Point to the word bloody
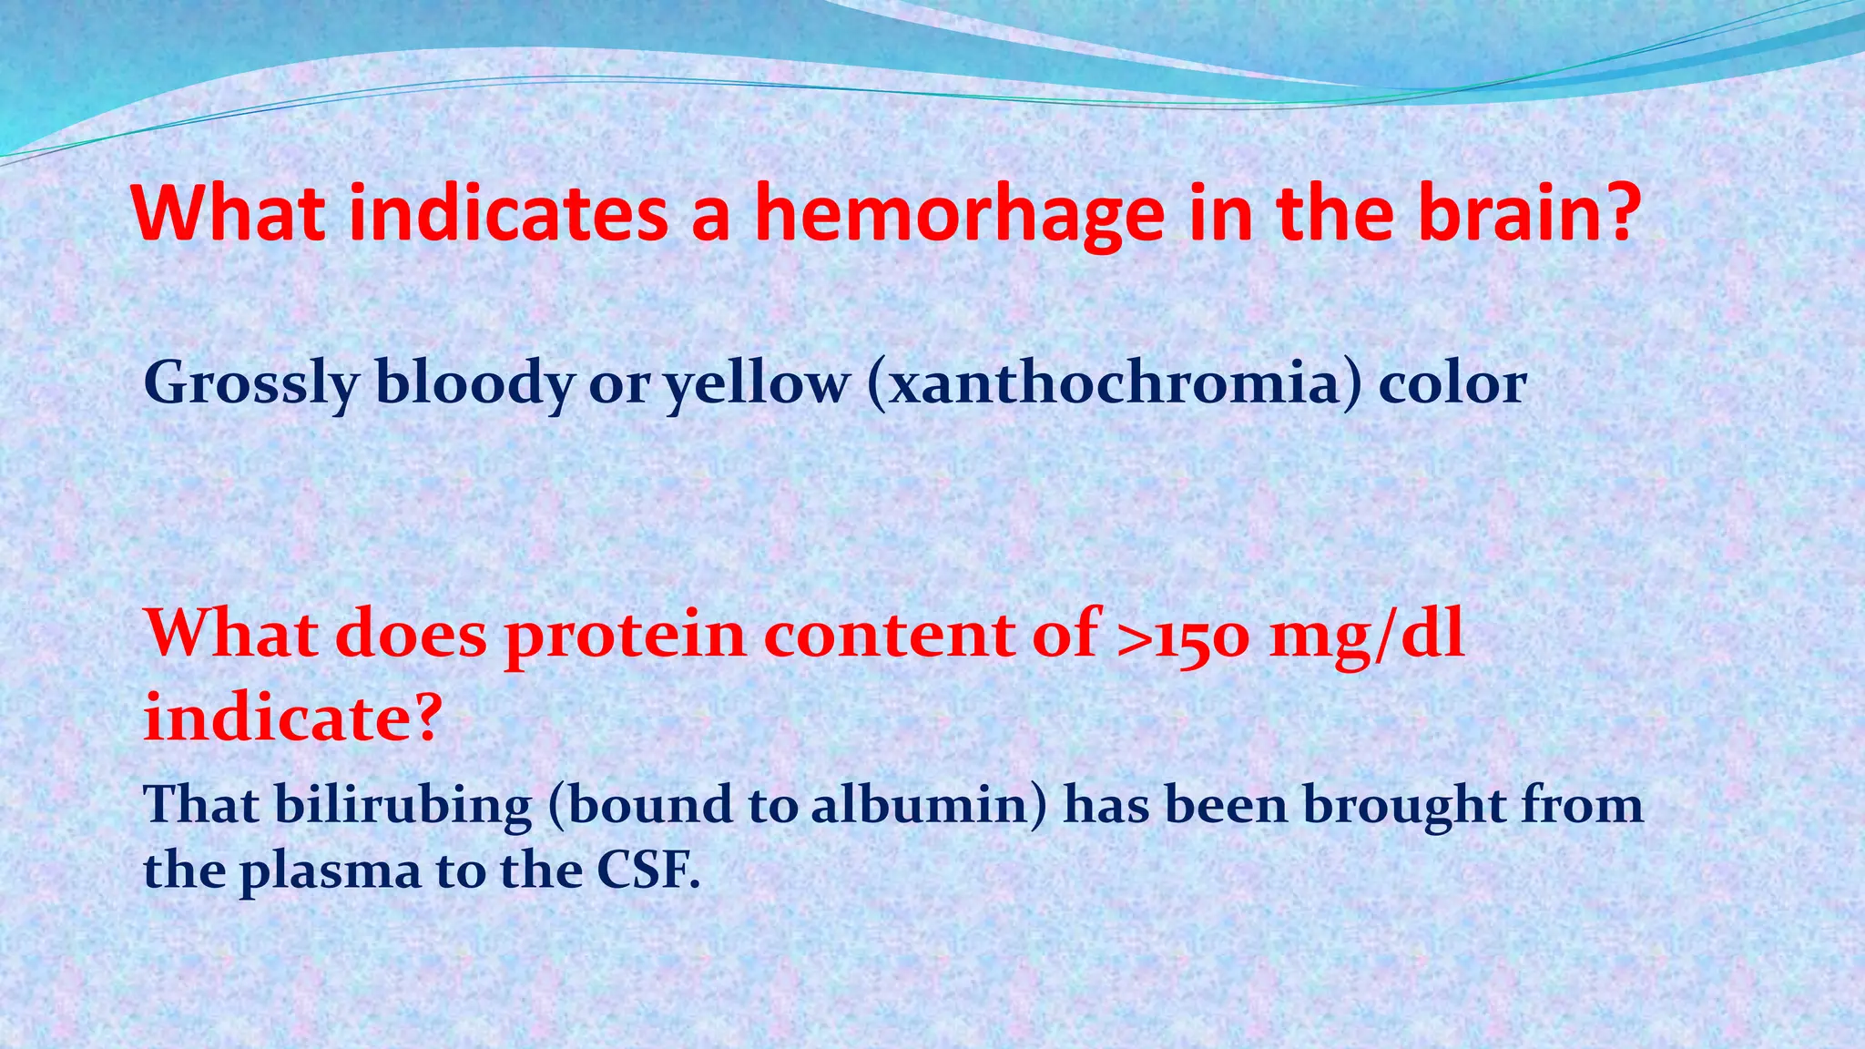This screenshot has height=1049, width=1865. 474,384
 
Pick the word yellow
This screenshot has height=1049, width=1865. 756,384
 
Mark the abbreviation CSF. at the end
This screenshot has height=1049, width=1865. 647,871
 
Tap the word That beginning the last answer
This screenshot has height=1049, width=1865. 201,806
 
